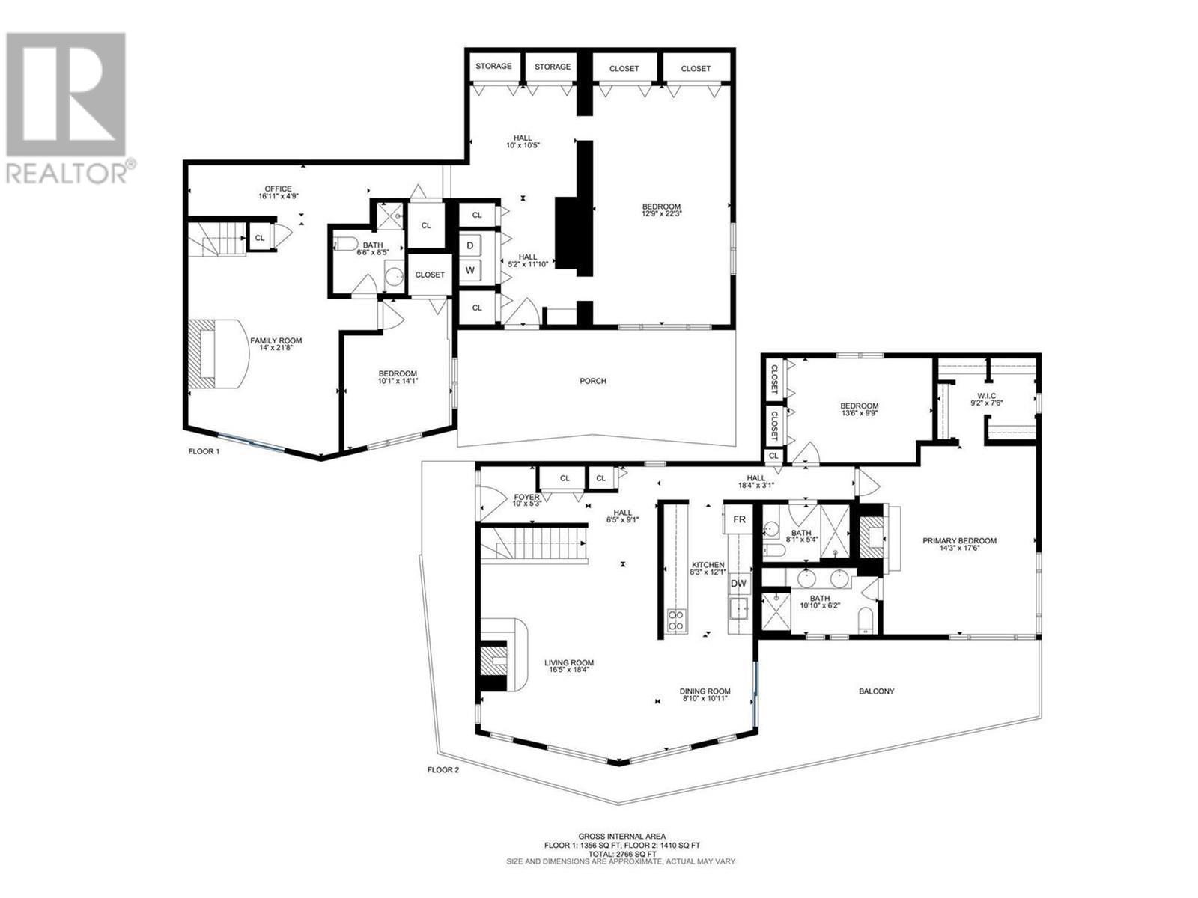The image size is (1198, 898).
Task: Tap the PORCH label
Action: pyautogui.click(x=593, y=381)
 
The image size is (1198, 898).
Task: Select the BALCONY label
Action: pyautogui.click(x=876, y=691)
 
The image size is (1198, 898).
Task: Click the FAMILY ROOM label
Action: pyautogui.click(x=276, y=340)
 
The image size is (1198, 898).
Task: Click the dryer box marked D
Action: pyautogui.click(x=470, y=245)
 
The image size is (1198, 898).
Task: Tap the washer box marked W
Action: pyautogui.click(x=470, y=270)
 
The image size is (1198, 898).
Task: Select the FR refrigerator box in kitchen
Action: pyautogui.click(x=739, y=519)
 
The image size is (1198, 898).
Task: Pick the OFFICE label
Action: pyautogui.click(x=278, y=189)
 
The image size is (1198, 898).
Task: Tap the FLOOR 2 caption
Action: pyautogui.click(x=443, y=769)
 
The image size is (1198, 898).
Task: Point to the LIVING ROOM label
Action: pyautogui.click(x=569, y=662)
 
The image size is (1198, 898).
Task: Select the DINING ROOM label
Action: pyautogui.click(x=705, y=691)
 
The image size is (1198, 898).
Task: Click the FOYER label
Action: pyautogui.click(x=526, y=497)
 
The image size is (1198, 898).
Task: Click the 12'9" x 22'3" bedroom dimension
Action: pyautogui.click(x=662, y=213)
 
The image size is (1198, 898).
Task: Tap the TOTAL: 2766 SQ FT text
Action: pyautogui.click(x=621, y=853)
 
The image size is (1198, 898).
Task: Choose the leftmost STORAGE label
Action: pyautogui.click(x=494, y=66)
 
